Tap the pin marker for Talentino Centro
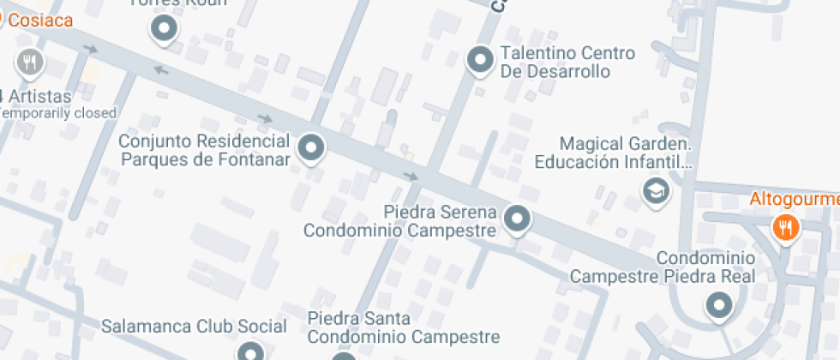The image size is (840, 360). [479, 60]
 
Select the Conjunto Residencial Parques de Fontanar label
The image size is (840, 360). [204, 149]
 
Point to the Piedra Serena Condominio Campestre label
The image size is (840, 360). [400, 221]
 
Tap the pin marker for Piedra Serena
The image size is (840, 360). [517, 219]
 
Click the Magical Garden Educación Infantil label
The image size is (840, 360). [612, 152]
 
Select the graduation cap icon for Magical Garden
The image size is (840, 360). [656, 191]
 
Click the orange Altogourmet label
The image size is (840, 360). [794, 200]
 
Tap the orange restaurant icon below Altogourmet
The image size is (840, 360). [785, 227]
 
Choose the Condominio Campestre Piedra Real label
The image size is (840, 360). [663, 267]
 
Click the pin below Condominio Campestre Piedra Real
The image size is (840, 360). [718, 304]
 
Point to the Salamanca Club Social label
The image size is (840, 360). [194, 327]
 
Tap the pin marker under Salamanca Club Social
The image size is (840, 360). [249, 351]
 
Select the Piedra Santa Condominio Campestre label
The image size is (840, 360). [404, 327]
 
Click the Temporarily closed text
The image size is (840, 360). [58, 113]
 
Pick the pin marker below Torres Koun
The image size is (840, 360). [164, 30]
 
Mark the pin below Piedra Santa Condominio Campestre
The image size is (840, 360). [343, 355]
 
